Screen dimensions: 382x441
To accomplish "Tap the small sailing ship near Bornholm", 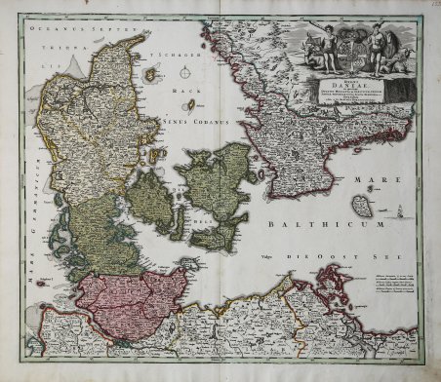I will click(x=401, y=209).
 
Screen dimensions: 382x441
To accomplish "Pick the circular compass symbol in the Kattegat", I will click(x=187, y=70).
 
